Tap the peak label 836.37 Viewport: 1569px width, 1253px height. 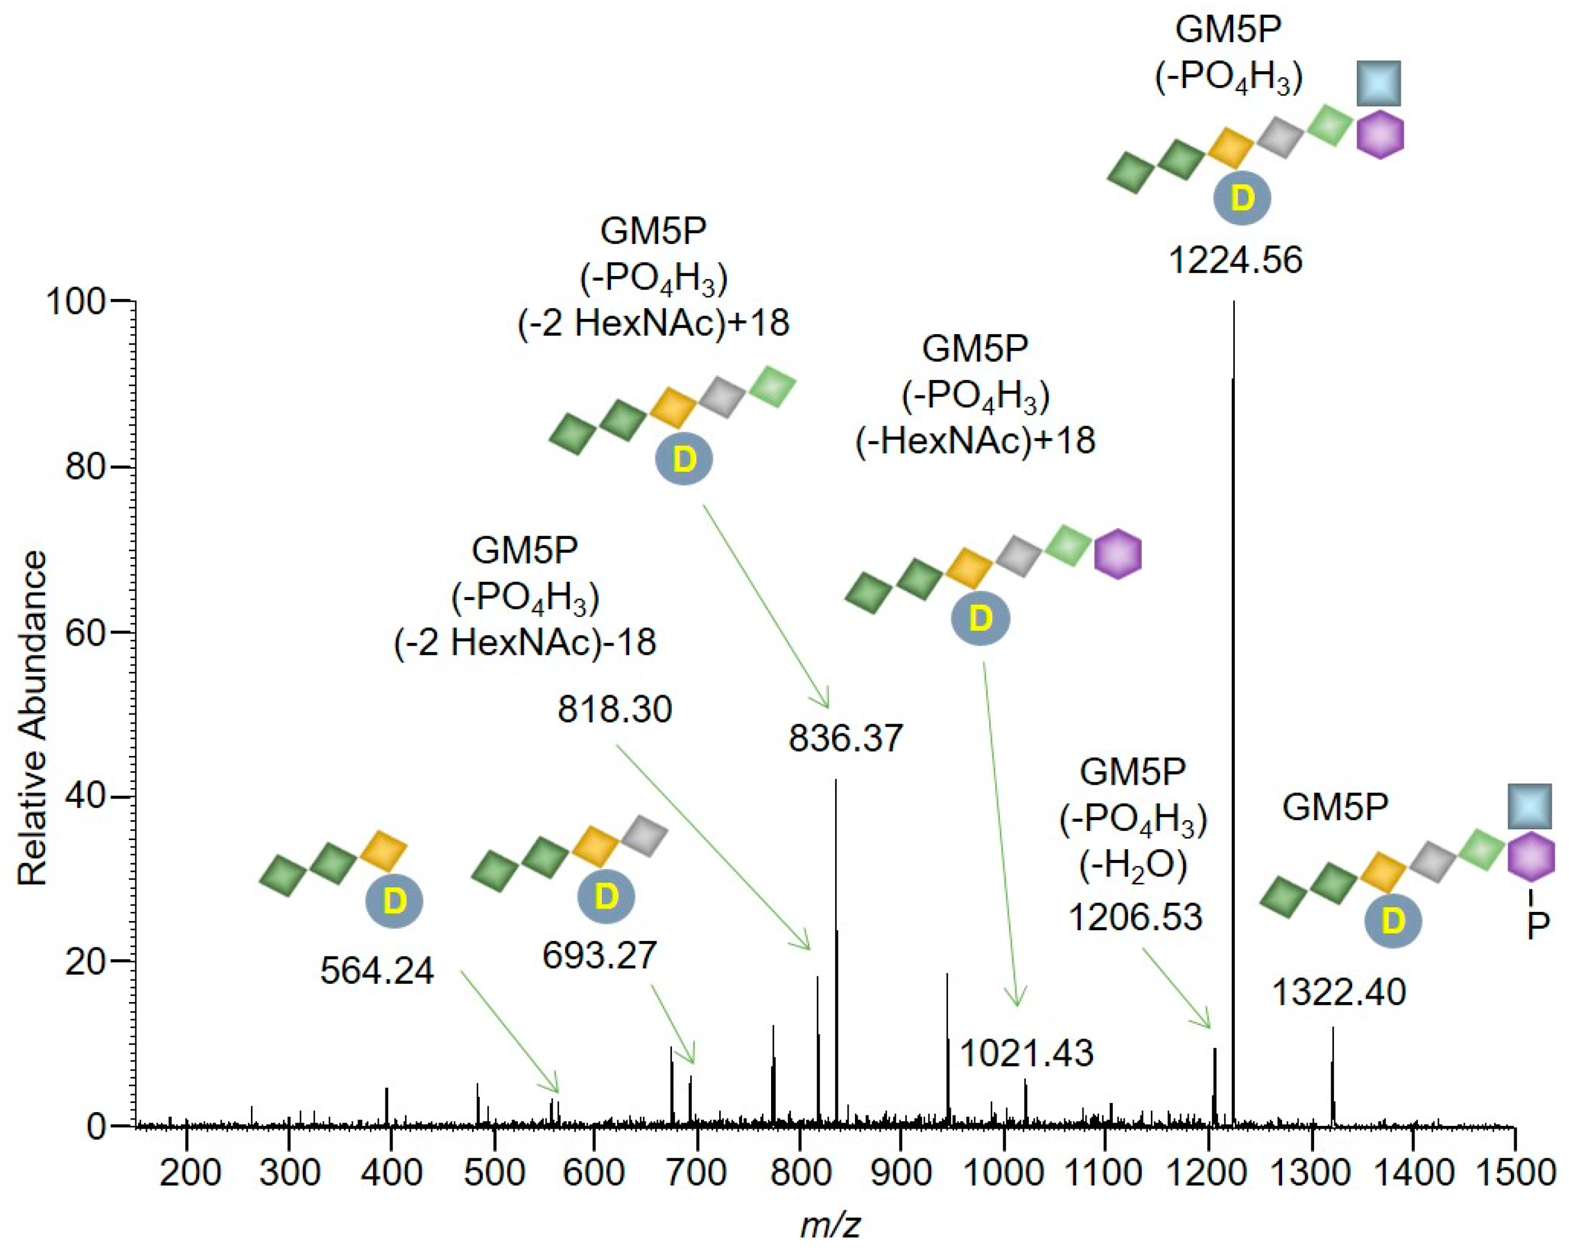[845, 738]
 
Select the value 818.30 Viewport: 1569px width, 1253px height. [615, 709]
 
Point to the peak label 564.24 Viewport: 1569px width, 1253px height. [377, 971]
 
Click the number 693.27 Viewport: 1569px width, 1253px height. [599, 955]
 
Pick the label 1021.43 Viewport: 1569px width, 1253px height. [1026, 1053]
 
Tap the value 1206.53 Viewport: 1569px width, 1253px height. [1134, 917]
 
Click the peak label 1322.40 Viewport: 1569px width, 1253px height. [1339, 992]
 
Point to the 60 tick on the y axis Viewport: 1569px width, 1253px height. [84, 631]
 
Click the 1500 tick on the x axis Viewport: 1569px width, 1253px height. [1514, 1172]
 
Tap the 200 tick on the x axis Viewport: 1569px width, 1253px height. [188, 1172]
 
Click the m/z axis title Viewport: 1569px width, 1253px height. [830, 1226]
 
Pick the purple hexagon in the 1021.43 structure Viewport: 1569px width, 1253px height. [1118, 554]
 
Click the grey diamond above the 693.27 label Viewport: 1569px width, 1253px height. [644, 836]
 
